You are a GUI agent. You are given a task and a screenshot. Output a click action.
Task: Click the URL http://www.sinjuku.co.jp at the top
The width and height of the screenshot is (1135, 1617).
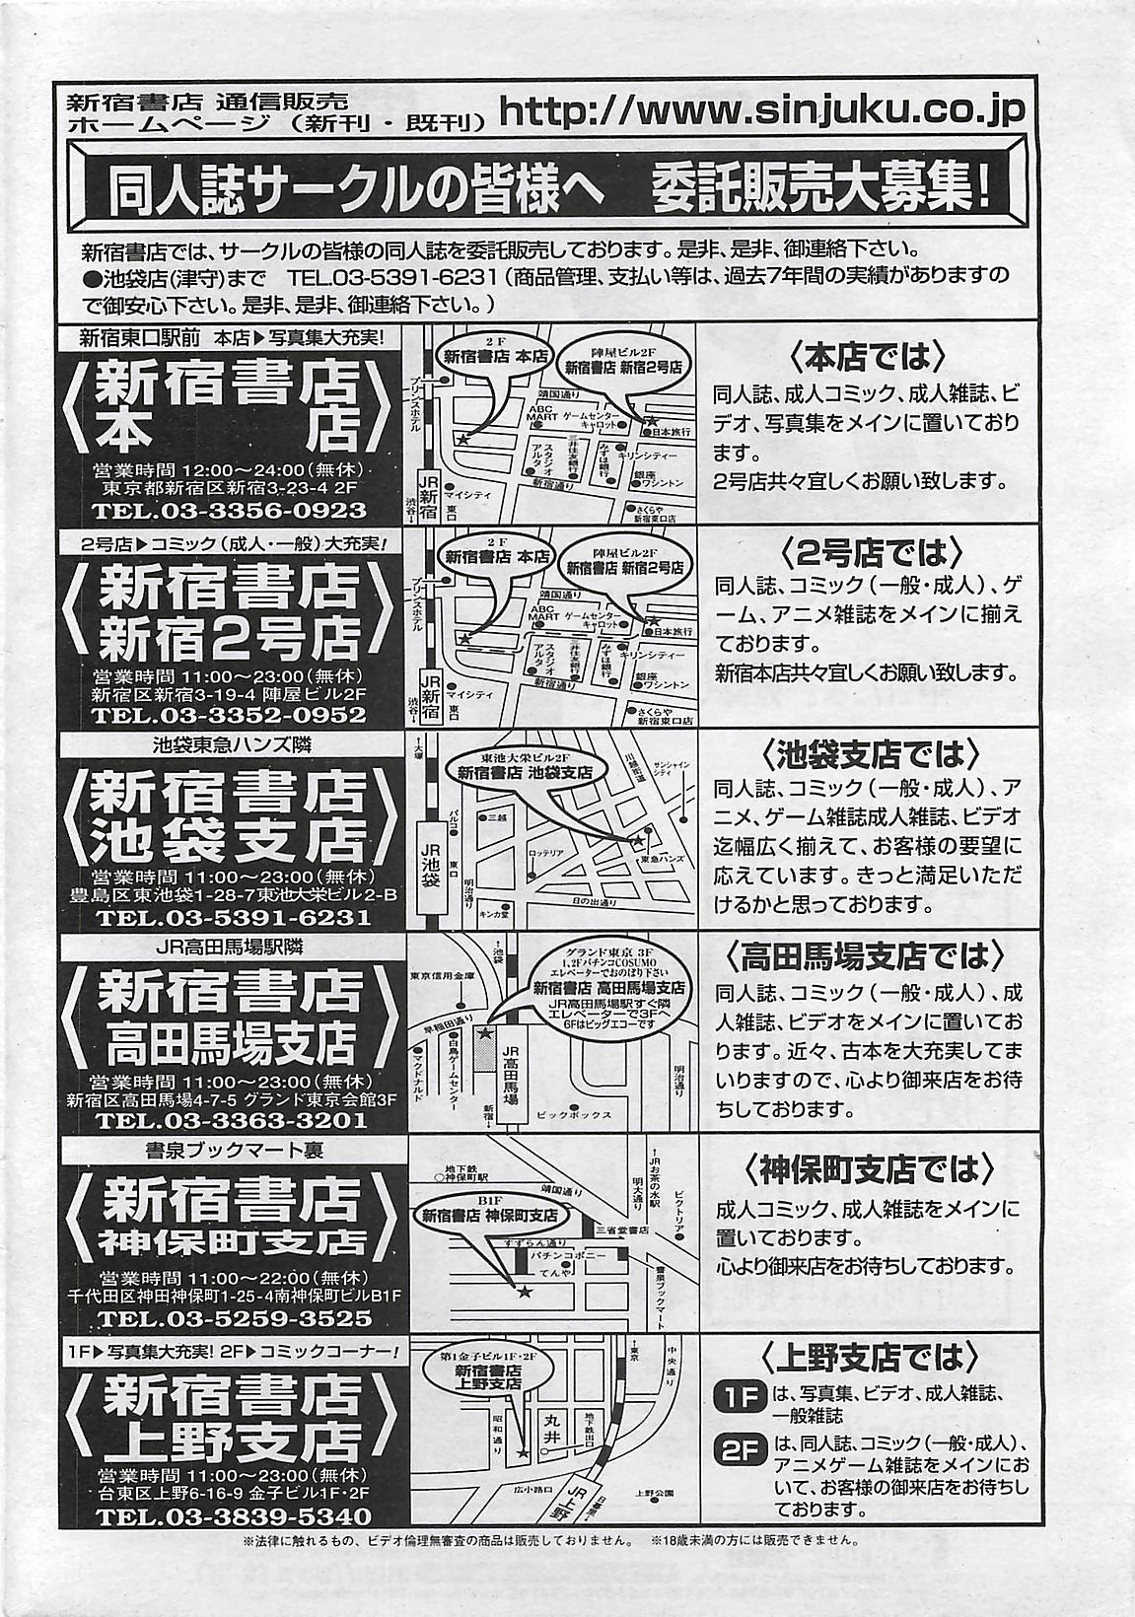point(762,111)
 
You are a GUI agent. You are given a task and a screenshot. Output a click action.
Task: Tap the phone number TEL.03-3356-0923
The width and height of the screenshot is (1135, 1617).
point(229,512)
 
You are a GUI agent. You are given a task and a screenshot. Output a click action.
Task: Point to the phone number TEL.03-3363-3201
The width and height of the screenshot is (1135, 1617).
point(229,1120)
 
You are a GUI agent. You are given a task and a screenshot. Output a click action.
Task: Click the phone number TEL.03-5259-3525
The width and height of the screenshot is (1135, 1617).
point(229,1319)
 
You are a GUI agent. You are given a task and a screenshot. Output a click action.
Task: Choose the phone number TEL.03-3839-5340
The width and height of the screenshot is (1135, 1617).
point(229,1516)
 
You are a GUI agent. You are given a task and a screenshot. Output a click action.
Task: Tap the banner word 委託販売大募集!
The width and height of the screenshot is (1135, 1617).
point(821,186)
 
